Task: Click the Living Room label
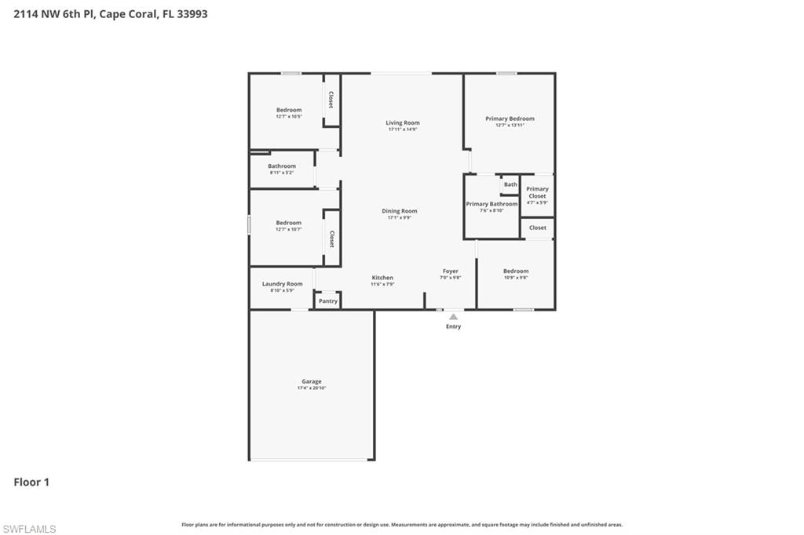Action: tap(402, 122)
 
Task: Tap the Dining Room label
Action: tap(399, 211)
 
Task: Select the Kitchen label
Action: tap(382, 278)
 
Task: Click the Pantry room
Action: tap(327, 300)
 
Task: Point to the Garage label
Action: tap(312, 381)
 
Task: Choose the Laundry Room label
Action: tap(282, 284)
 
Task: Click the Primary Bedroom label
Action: tap(510, 118)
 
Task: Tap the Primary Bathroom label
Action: tap(492, 204)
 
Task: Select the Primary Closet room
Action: tap(537, 193)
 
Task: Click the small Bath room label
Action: tap(510, 184)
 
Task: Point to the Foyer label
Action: tap(450, 271)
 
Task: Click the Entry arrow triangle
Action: tap(453, 317)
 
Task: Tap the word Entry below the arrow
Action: tap(453, 326)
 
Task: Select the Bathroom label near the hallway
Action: tap(282, 166)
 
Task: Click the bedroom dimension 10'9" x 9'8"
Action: tap(516, 278)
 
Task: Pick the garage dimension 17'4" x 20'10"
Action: tap(312, 388)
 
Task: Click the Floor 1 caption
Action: tap(31, 482)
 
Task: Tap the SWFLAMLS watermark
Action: tap(30, 529)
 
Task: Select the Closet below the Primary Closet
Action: tap(537, 227)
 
